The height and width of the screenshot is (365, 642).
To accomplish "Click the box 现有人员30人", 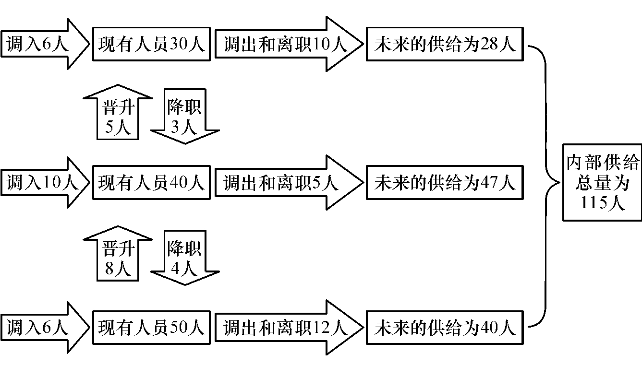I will tap(151, 45).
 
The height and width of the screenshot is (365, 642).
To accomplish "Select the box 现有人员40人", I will tap(151, 183).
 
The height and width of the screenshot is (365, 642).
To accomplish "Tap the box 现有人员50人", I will tap(151, 328).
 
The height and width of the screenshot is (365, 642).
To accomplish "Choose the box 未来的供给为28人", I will tap(445, 45).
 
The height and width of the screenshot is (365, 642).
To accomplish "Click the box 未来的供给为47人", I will tap(445, 183).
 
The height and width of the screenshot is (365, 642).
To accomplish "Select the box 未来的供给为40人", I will tap(445, 328).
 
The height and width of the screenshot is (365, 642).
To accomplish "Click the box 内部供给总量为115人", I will tap(602, 182).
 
